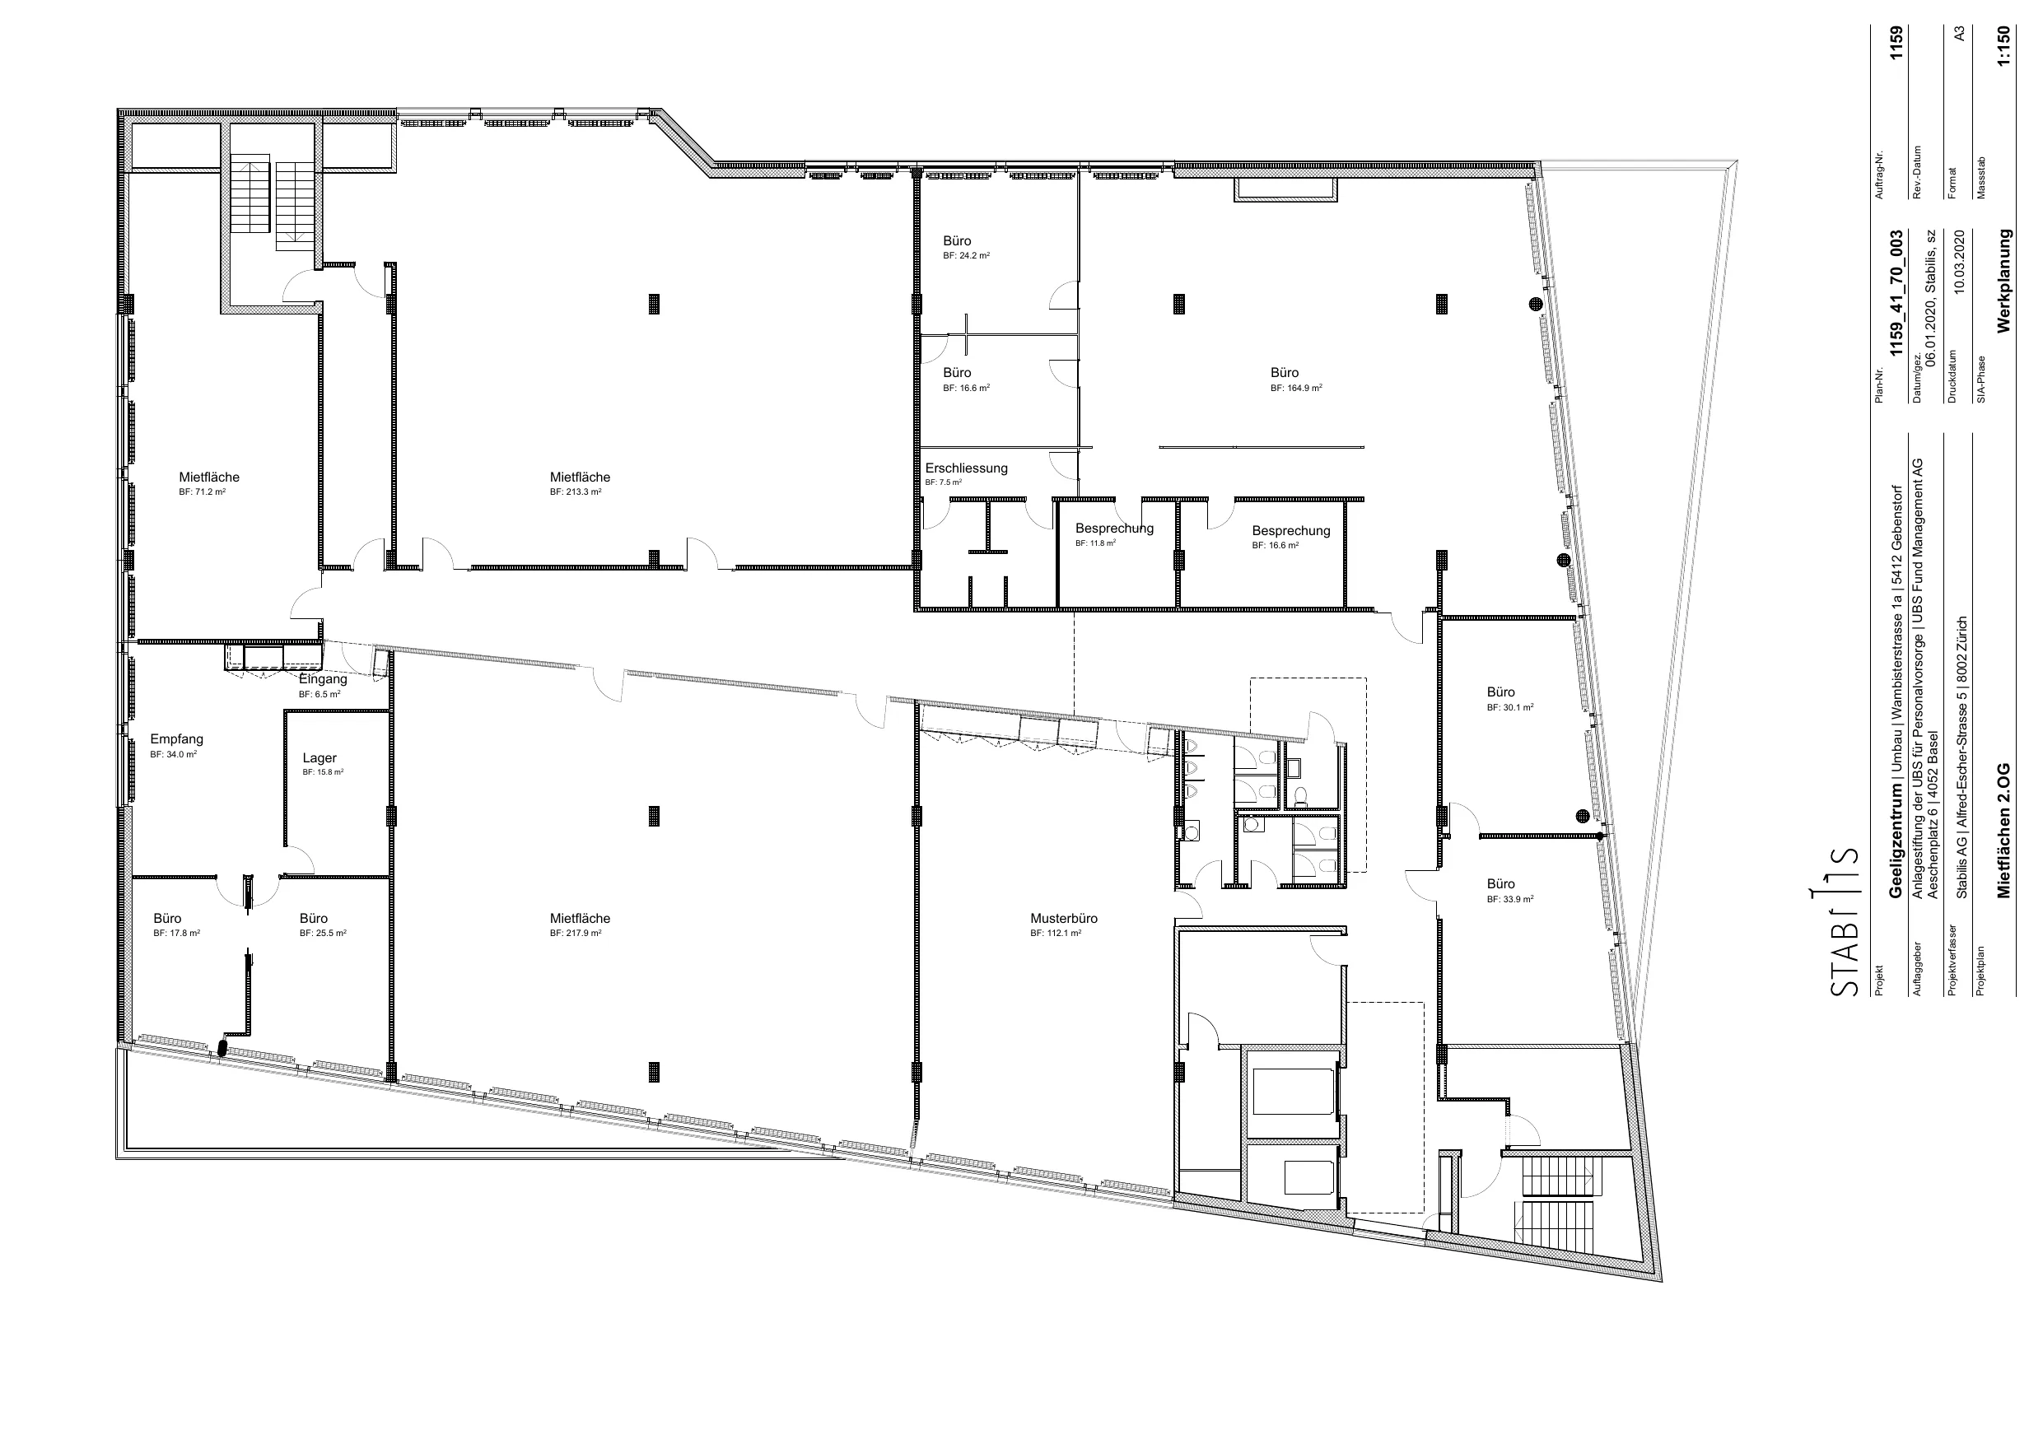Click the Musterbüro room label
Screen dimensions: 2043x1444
1063,918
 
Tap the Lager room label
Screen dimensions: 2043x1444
320,758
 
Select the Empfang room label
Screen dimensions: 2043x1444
176,739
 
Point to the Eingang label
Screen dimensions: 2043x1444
323,679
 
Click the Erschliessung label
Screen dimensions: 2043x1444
967,468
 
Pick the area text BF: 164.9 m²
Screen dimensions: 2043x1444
1296,388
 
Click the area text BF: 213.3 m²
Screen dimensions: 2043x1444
576,492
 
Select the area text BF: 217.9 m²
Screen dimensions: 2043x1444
576,934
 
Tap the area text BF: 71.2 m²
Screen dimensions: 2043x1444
202,492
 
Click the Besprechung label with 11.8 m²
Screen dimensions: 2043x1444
1114,529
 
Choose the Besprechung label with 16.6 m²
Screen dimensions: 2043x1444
1291,531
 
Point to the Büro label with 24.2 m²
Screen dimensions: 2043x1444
957,241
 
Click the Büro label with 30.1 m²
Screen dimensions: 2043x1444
1500,692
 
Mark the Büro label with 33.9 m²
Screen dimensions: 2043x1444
1500,884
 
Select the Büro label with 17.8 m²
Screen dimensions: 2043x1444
167,918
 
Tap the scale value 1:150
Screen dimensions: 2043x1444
2002,58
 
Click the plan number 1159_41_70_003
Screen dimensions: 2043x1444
1896,294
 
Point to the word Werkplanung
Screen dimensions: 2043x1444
2003,282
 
